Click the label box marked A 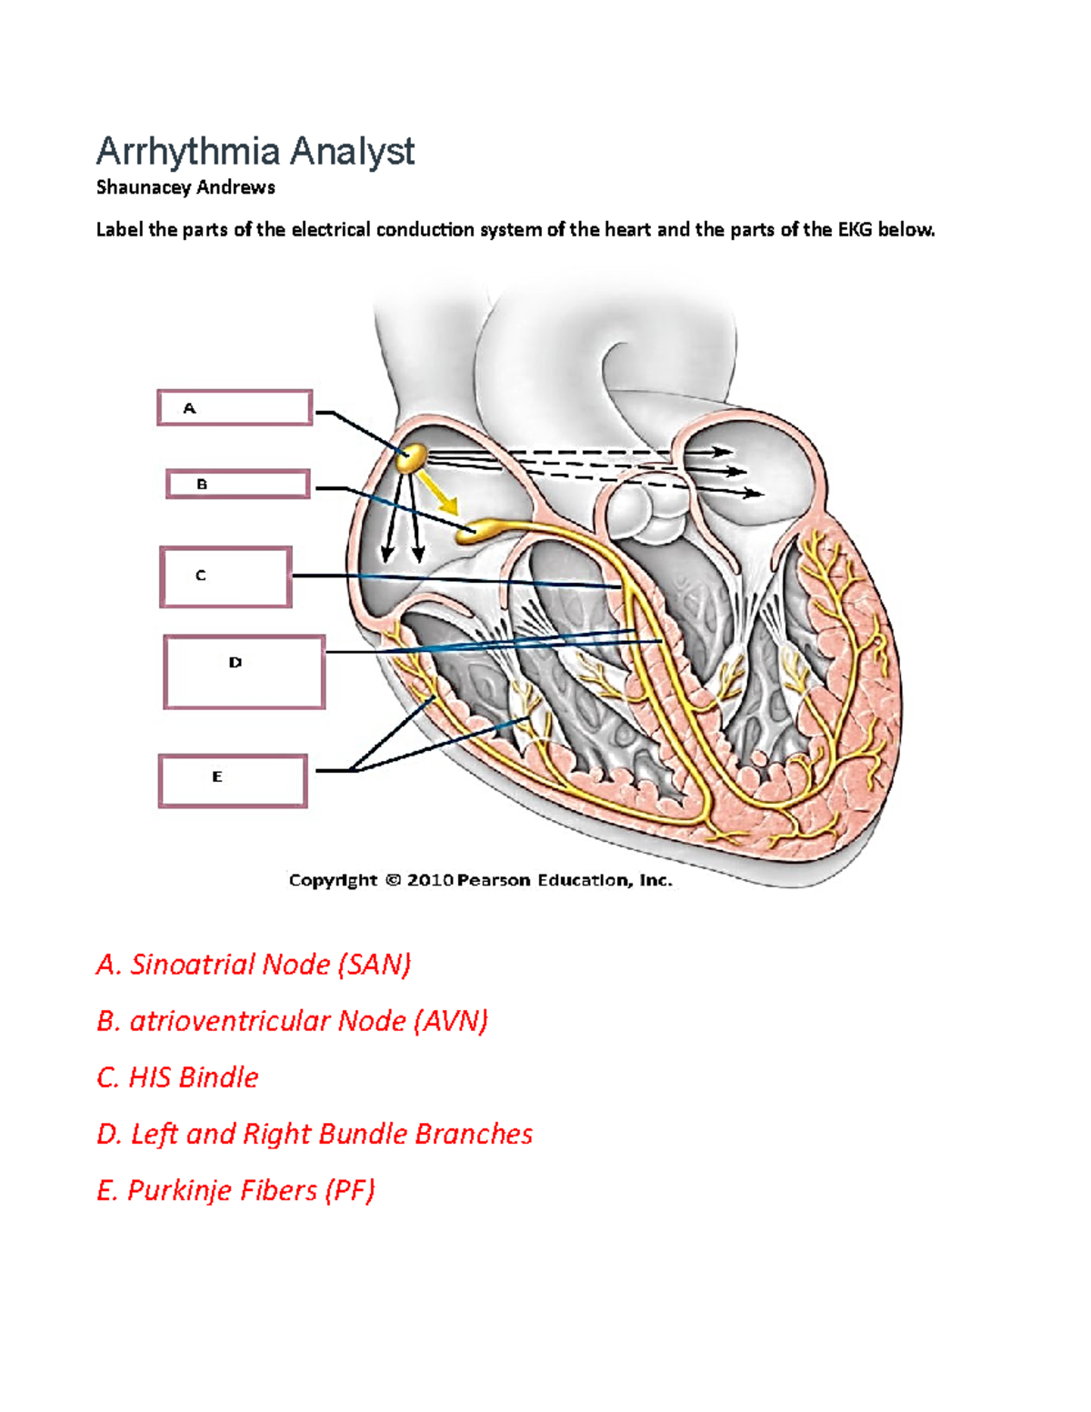(x=235, y=407)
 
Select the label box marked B (x=237, y=484)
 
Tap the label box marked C (x=225, y=576)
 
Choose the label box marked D (x=244, y=672)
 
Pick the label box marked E (x=233, y=780)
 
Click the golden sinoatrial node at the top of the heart (x=411, y=456)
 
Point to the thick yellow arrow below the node (x=441, y=495)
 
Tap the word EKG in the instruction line (x=855, y=230)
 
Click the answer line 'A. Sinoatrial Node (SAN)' (x=254, y=964)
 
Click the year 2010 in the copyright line (x=429, y=880)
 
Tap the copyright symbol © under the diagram (x=393, y=880)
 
